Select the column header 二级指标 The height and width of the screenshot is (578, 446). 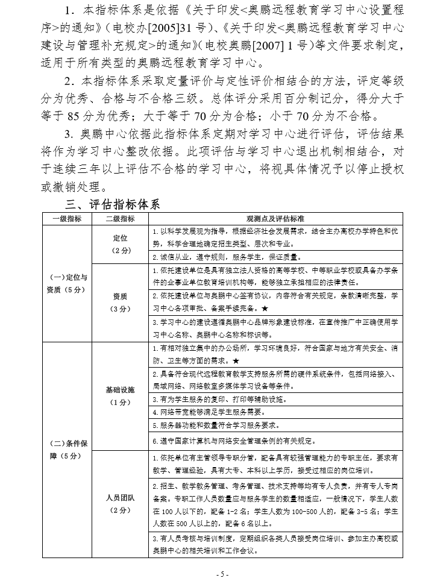point(120,218)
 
